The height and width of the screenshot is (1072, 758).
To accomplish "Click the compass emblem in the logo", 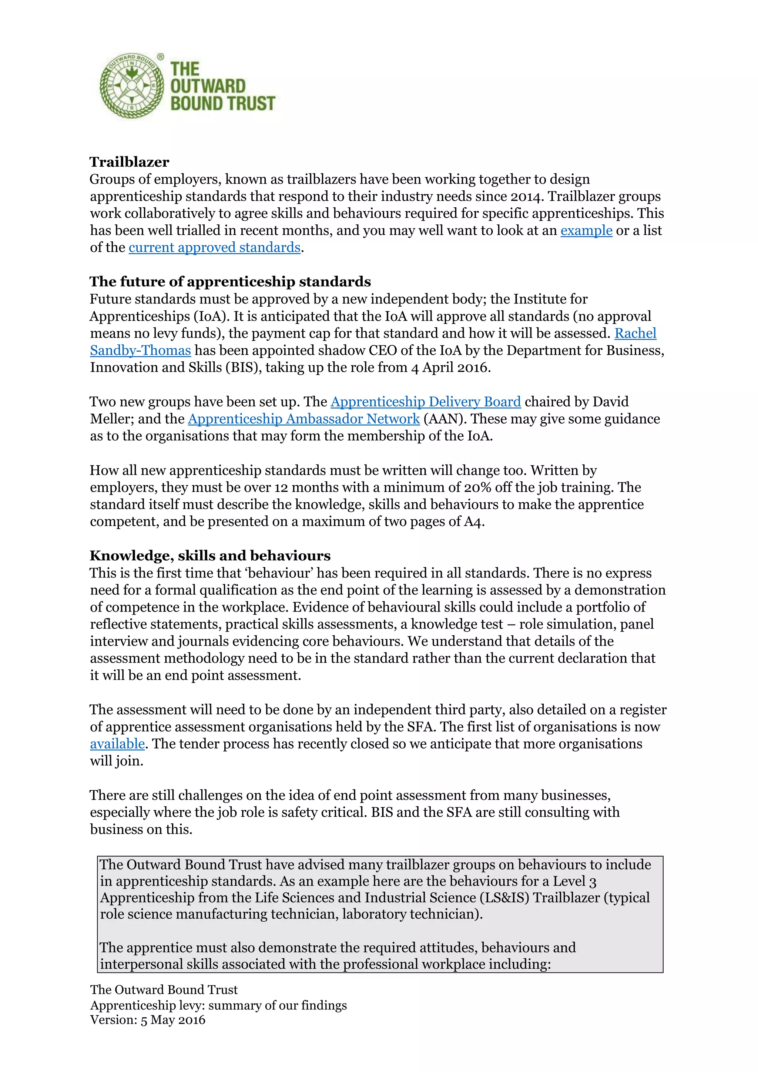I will click(x=132, y=86).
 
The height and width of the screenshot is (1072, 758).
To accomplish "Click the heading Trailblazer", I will click(x=129, y=162).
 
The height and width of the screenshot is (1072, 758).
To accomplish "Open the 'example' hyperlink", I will click(x=586, y=231).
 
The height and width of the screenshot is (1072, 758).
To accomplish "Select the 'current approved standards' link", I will click(x=214, y=248).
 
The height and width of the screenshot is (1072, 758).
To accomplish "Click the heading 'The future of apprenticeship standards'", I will click(x=230, y=282).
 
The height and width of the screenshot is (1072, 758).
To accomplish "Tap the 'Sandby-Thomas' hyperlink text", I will click(x=141, y=351).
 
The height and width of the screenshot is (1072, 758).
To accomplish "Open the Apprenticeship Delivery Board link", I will click(x=425, y=402).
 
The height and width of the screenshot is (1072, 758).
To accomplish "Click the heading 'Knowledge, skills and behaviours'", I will click(x=210, y=556).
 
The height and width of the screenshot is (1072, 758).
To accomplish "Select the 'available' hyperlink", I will click(x=117, y=744).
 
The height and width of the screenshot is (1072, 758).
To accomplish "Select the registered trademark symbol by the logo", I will click(x=161, y=57).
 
